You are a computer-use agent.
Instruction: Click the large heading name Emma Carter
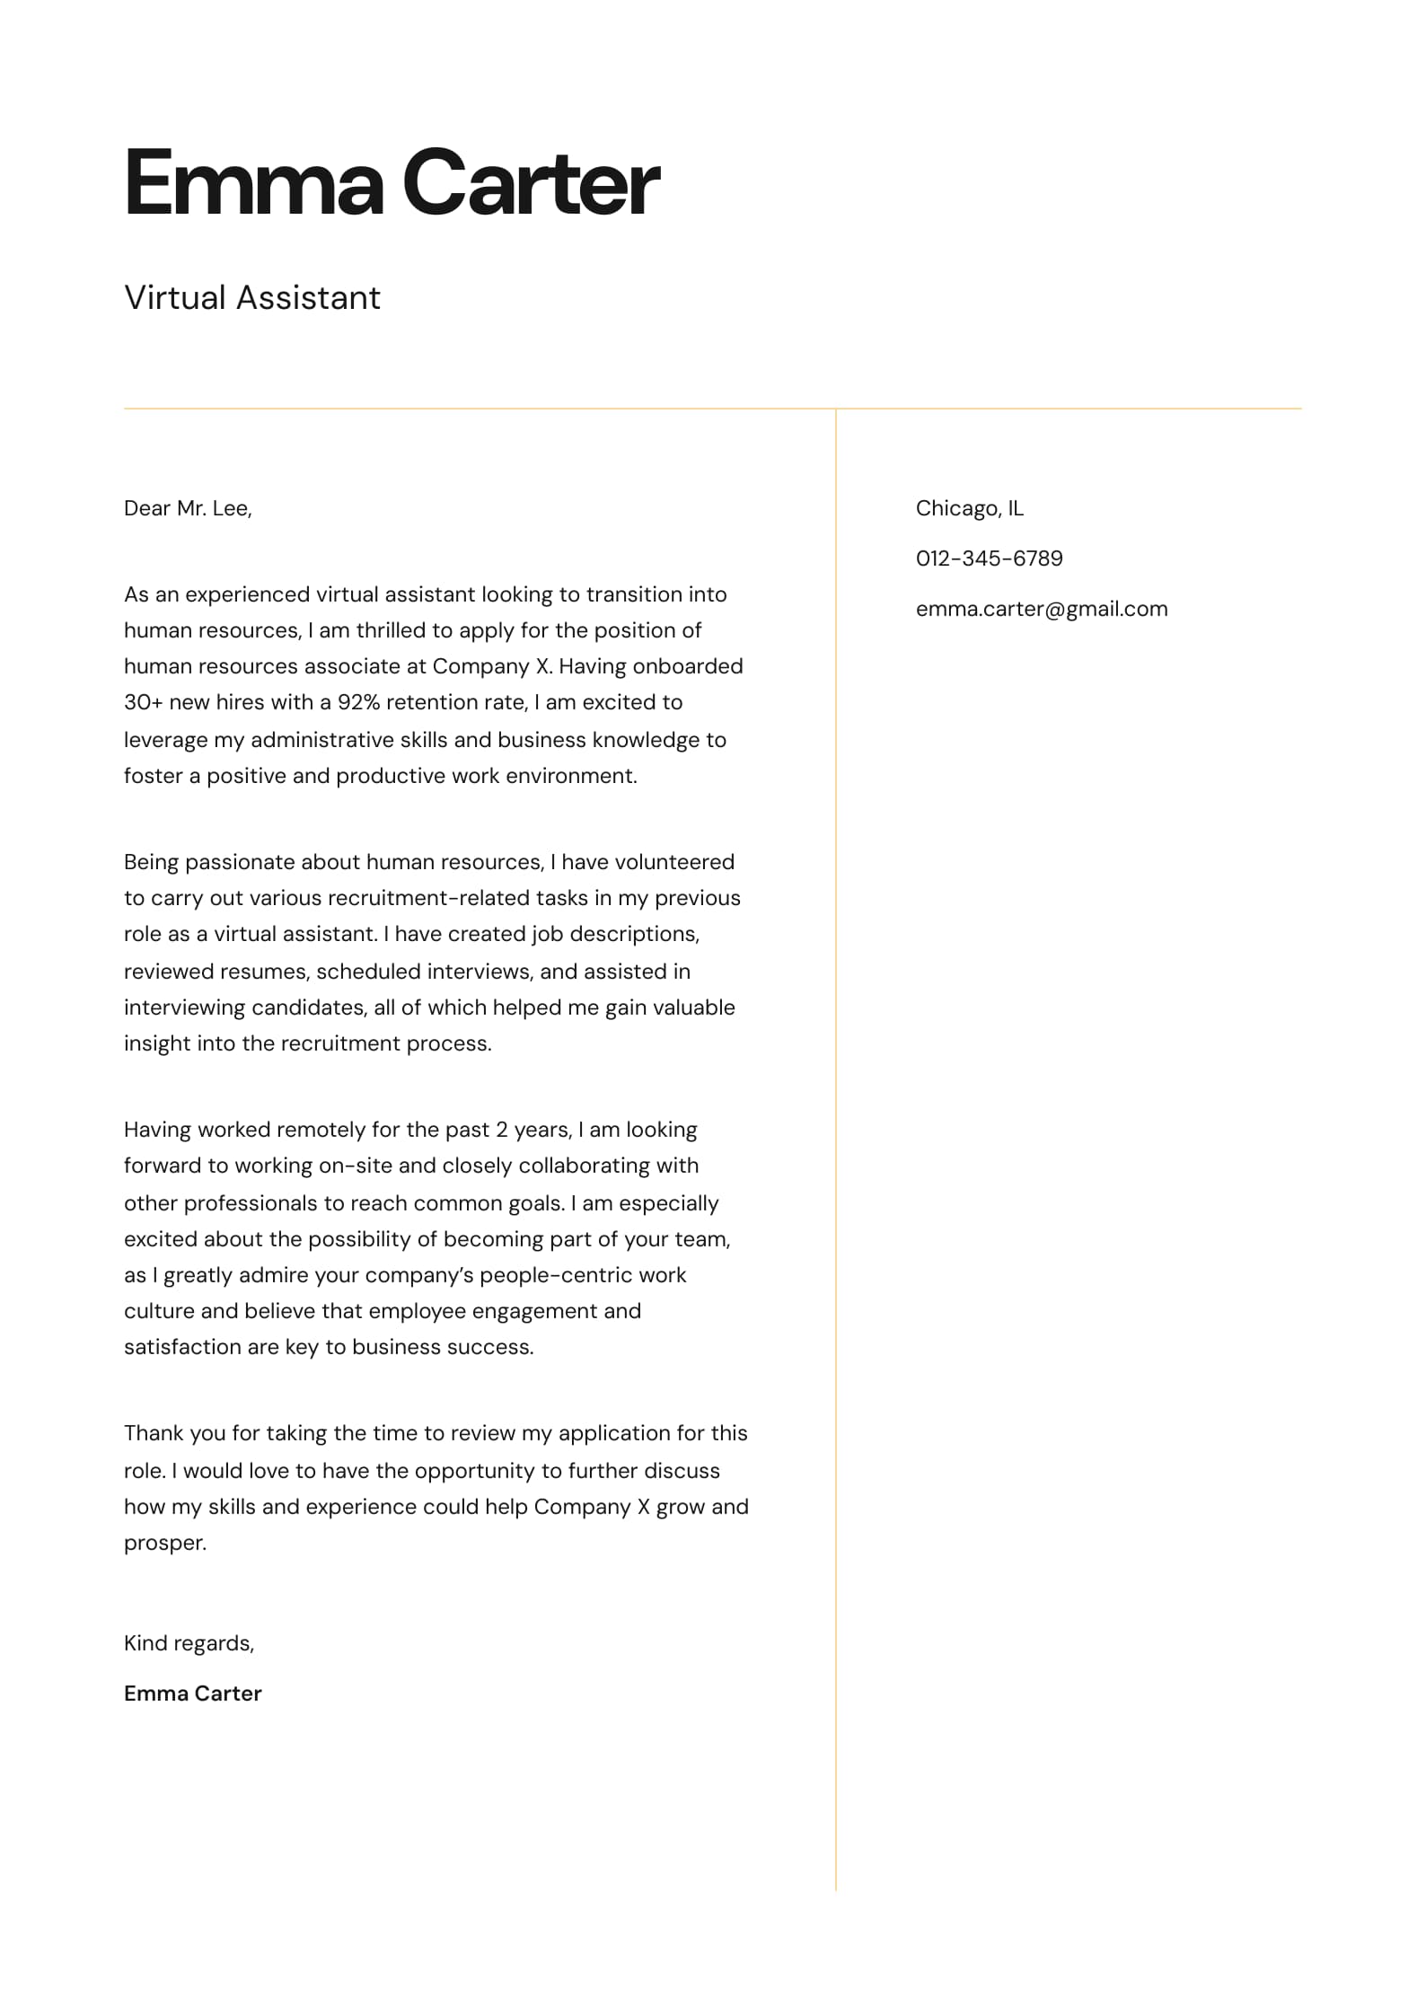(x=392, y=183)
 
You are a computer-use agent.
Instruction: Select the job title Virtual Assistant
(x=252, y=298)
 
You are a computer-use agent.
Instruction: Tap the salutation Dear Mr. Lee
(x=188, y=509)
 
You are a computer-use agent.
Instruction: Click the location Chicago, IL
(x=969, y=509)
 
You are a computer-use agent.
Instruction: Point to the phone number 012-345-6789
(x=989, y=559)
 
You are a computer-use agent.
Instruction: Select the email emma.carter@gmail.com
(x=1042, y=609)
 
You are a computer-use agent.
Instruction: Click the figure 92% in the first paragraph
(x=359, y=702)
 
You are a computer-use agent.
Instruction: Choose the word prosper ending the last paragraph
(x=164, y=1543)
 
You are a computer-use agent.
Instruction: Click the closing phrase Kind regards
(x=189, y=1643)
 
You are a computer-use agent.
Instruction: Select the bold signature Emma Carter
(x=192, y=1694)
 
